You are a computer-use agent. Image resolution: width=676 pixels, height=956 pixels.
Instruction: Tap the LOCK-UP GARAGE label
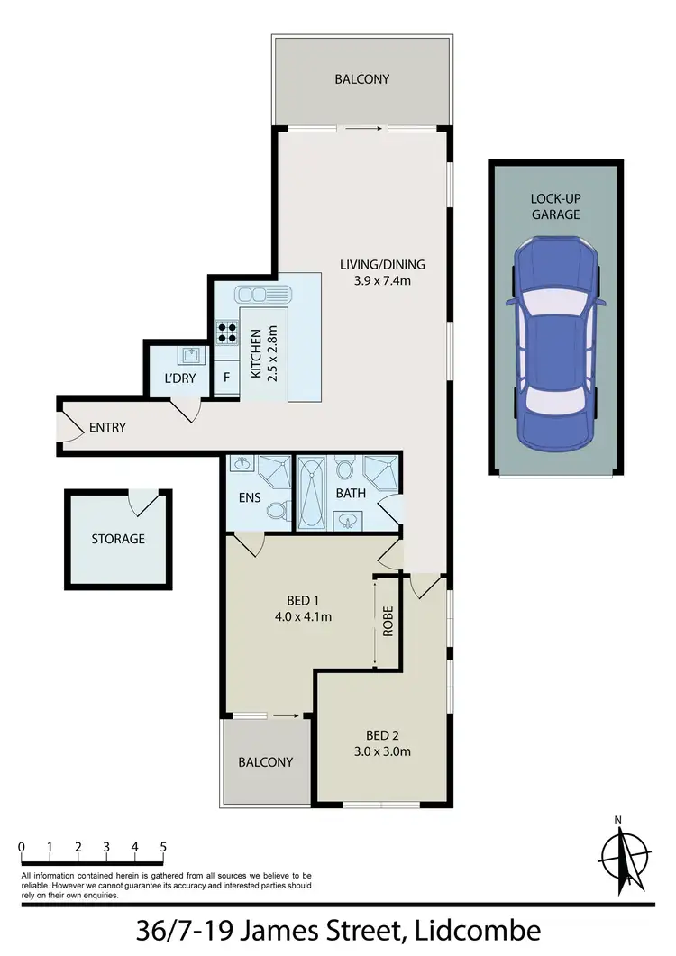[554, 206]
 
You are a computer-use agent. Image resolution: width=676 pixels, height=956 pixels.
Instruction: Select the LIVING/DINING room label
[382, 265]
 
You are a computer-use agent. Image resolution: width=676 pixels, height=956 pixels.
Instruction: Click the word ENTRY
[107, 427]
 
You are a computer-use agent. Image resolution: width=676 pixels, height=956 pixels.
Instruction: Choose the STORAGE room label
[117, 539]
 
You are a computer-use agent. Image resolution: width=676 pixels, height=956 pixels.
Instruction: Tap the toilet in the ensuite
[278, 511]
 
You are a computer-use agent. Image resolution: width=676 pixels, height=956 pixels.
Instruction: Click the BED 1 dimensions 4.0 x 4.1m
[304, 617]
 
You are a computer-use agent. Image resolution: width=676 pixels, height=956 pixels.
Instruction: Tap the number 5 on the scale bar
[163, 847]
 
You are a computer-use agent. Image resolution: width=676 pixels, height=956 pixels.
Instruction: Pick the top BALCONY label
[362, 79]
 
